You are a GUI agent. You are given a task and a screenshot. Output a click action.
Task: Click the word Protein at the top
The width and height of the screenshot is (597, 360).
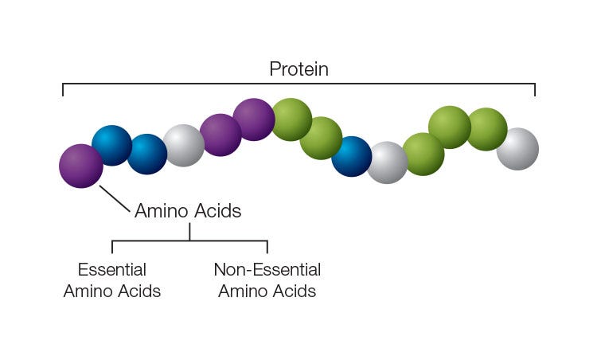tap(298, 69)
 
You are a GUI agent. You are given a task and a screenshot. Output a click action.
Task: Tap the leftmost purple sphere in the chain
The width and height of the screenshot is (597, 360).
tap(81, 166)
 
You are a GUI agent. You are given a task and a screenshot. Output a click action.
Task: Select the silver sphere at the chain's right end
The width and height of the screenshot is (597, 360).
tap(517, 149)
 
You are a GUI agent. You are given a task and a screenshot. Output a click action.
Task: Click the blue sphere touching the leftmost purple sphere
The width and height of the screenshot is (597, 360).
tap(111, 145)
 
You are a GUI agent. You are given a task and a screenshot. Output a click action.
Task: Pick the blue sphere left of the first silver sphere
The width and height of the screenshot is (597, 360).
tap(147, 154)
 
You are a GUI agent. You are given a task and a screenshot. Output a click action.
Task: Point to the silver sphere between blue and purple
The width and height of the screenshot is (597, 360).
tap(184, 145)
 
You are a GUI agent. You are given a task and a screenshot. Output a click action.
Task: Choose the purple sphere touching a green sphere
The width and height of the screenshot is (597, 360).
tap(254, 119)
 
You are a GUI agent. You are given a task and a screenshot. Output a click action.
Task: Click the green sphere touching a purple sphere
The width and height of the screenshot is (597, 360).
tap(291, 119)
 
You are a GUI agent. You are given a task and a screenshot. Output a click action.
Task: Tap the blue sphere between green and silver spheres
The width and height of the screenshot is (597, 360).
tap(351, 156)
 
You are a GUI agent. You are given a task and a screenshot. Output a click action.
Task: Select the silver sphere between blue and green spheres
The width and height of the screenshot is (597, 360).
tap(388, 162)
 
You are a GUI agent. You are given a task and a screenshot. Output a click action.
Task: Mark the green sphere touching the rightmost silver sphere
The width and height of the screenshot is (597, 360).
tap(486, 129)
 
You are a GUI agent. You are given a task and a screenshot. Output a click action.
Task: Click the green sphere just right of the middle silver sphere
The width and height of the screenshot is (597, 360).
tap(423, 154)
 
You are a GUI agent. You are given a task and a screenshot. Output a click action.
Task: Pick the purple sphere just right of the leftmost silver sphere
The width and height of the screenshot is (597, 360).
tap(220, 135)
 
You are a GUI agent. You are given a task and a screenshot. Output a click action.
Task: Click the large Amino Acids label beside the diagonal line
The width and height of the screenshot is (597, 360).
tap(188, 211)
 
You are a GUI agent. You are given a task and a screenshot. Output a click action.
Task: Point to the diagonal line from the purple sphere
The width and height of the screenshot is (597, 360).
tap(115, 199)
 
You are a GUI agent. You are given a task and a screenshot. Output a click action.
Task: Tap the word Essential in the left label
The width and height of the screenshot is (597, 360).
tap(112, 270)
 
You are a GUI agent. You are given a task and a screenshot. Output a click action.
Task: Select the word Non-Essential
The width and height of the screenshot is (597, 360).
tap(267, 270)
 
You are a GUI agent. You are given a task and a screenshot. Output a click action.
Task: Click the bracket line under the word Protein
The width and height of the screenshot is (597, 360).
tap(298, 83)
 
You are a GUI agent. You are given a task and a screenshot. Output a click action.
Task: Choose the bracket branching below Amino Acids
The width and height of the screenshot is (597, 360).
tap(189, 241)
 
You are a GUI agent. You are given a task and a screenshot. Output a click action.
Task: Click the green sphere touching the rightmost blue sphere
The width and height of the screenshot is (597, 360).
tap(321, 138)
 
